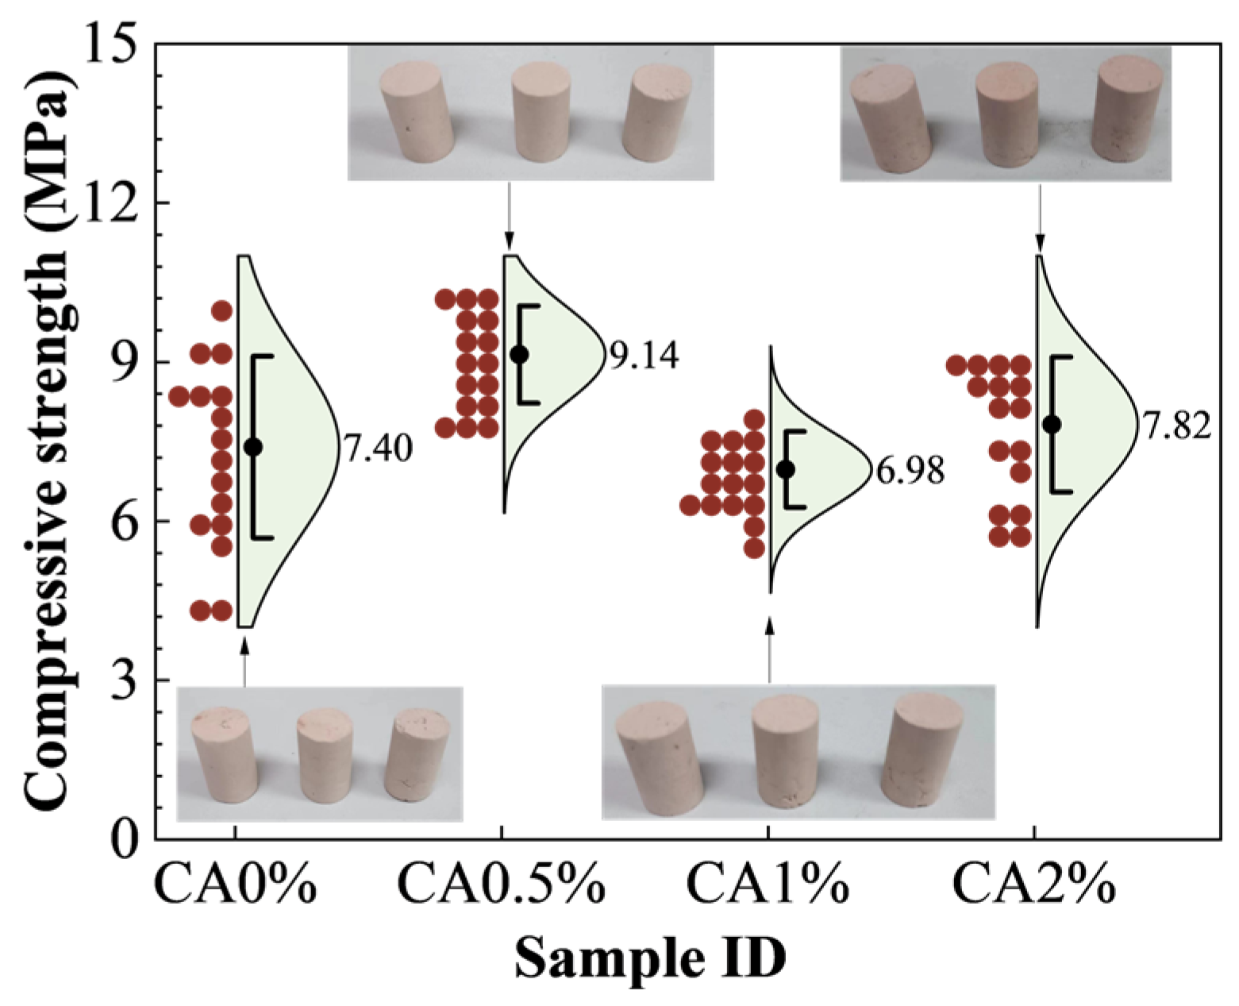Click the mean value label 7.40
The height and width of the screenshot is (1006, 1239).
[x=377, y=450]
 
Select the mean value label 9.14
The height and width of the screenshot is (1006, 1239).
[x=644, y=357]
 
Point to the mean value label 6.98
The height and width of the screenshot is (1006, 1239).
[x=910, y=472]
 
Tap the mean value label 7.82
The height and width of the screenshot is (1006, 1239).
[x=1177, y=427]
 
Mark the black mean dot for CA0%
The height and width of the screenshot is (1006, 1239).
[x=253, y=446]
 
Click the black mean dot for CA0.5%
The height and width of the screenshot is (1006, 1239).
[x=519, y=354]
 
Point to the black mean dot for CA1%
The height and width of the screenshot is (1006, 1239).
[x=786, y=469]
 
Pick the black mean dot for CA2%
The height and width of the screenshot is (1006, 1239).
[x=1052, y=424]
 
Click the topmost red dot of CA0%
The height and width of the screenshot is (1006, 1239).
[x=221, y=310]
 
